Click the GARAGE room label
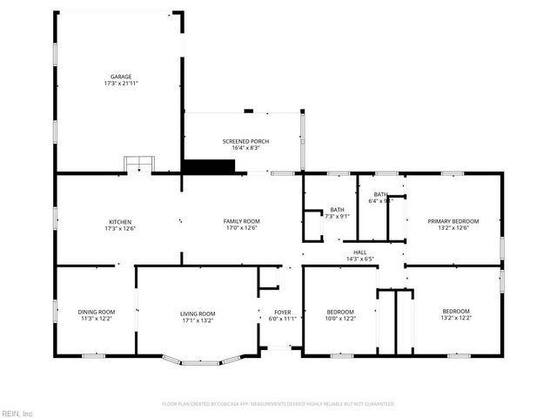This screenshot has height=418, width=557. click(x=120, y=77)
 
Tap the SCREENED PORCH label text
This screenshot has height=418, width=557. click(x=245, y=141)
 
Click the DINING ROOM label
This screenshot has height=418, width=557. click(x=97, y=312)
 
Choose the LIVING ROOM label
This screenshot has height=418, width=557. click(x=198, y=313)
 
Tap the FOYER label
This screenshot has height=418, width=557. click(x=284, y=312)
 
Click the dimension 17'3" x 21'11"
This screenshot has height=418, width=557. click(x=120, y=84)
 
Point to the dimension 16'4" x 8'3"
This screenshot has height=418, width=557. click(x=245, y=148)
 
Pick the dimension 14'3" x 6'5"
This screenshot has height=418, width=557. click(x=359, y=259)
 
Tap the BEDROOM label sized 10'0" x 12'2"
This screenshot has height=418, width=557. click(x=339, y=312)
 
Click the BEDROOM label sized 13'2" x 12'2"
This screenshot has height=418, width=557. click(x=456, y=312)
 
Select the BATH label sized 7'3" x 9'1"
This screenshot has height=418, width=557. click(x=337, y=209)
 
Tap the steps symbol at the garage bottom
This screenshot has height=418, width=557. click(x=138, y=165)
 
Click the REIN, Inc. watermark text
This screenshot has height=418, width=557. click(x=17, y=413)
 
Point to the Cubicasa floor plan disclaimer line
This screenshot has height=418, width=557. click(x=278, y=404)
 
